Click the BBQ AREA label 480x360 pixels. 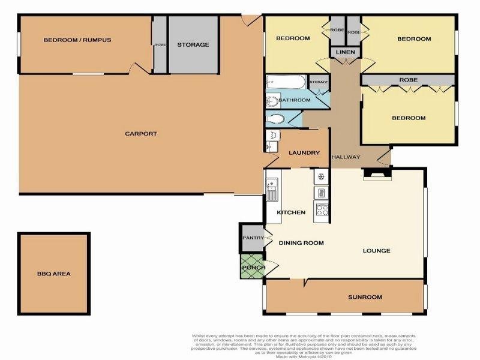pyautogui.click(x=54, y=274)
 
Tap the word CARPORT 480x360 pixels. pyautogui.click(x=141, y=133)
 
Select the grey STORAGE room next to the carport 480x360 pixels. pyautogui.click(x=193, y=44)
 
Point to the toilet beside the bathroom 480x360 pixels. pyautogui.click(x=277, y=118)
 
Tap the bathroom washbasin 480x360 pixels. pyautogui.click(x=271, y=100)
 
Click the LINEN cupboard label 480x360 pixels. pyautogui.click(x=345, y=53)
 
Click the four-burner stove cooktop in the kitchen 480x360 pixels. pyautogui.click(x=321, y=210)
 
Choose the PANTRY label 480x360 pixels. pyautogui.click(x=253, y=238)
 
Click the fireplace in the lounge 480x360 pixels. pyautogui.click(x=377, y=175)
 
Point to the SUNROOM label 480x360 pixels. pyautogui.click(x=365, y=297)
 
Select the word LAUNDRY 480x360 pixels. pyautogui.click(x=304, y=152)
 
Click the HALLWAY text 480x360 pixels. pyautogui.click(x=346, y=157)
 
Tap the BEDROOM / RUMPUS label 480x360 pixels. pyautogui.click(x=77, y=40)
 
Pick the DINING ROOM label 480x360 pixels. pyautogui.click(x=301, y=243)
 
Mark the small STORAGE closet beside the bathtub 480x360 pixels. pyautogui.click(x=319, y=82)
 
